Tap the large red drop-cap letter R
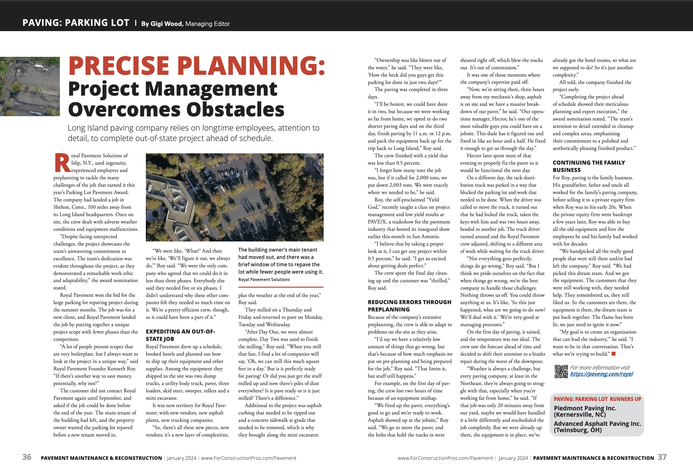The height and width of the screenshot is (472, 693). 62,163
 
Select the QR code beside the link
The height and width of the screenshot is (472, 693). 561,371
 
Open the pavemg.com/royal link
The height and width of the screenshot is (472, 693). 601,374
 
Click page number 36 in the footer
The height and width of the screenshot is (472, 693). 27,457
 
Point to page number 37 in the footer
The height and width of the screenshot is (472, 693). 662,457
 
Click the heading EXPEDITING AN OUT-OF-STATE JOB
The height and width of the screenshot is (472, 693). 180,335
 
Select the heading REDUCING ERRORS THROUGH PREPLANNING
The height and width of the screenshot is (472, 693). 409,306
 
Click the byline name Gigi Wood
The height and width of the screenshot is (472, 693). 166,24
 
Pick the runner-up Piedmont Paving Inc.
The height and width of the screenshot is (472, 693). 585,411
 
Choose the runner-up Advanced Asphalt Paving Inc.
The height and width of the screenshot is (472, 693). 597,427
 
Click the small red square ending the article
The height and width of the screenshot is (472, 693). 613,354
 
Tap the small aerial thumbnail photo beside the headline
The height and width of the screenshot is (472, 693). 30,86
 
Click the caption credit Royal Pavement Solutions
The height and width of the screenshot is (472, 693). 264,280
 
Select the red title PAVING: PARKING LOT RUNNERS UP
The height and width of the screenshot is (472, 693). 597,399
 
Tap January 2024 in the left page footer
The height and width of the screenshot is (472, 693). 181,458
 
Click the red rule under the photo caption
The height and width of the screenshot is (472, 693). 281,287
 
